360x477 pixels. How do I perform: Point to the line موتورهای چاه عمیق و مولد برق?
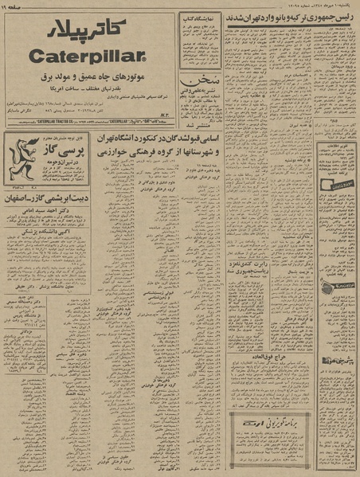(90, 78)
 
